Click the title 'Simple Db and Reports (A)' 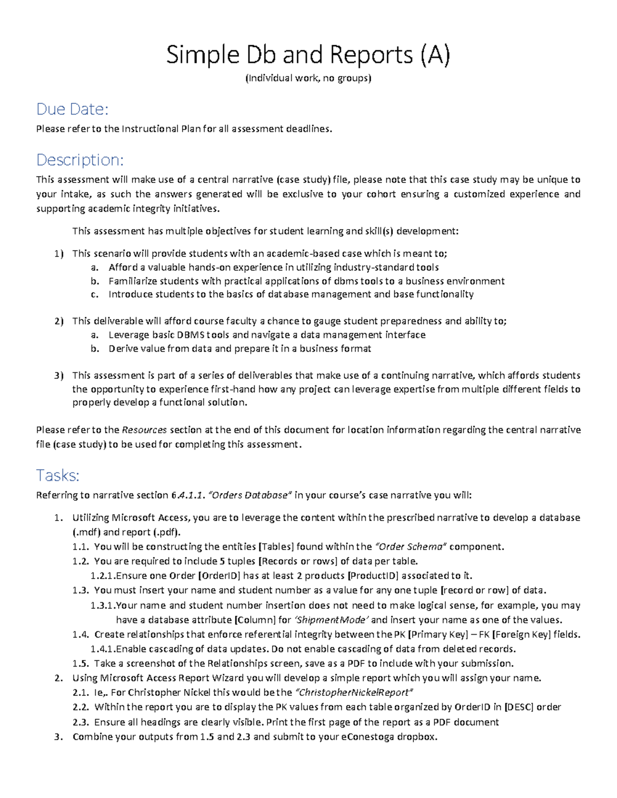click(308, 55)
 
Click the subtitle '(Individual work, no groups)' click(308, 78)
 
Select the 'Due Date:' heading click(72, 109)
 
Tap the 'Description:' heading click(80, 160)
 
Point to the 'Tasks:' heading click(58, 475)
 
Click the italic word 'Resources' click(144, 430)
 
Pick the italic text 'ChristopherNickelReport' click(355, 692)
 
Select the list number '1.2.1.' click(102, 576)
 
